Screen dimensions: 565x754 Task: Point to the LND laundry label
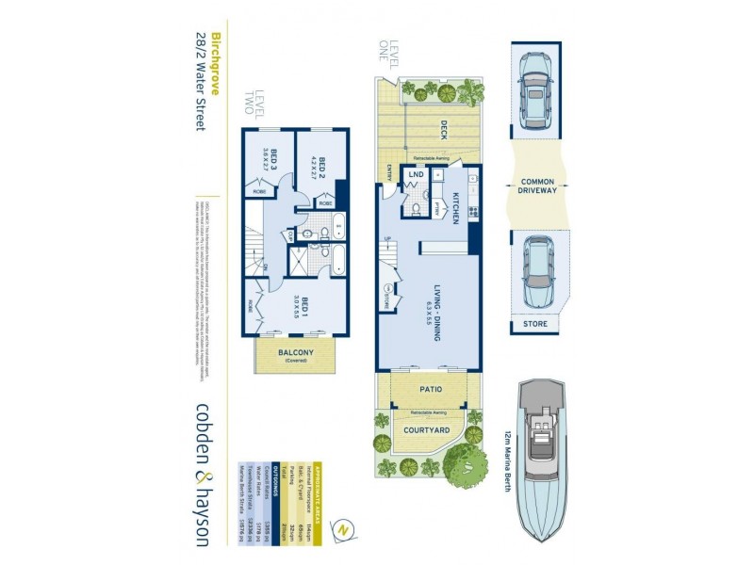[x=414, y=175]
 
